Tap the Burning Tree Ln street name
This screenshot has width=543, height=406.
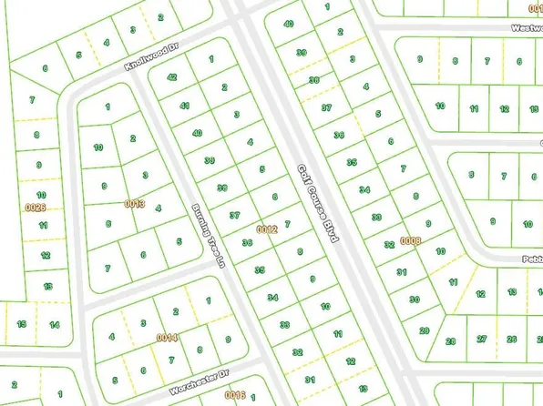tap(208, 236)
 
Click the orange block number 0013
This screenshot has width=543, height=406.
tap(135, 204)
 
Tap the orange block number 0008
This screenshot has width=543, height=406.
tap(411, 240)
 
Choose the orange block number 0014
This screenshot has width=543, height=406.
tap(167, 338)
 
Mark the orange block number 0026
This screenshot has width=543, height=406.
tap(36, 208)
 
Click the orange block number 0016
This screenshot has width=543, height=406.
tap(236, 394)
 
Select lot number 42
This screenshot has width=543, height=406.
tap(171, 78)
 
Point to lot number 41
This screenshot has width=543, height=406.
tap(185, 107)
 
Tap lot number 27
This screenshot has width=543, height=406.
tap(481, 340)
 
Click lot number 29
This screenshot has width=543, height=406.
tap(424, 330)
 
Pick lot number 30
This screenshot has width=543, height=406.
tap(414, 299)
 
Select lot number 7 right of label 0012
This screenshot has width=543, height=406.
tap(287, 223)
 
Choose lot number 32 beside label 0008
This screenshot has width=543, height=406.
tap(389, 244)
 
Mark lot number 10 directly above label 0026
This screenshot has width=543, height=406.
tap(41, 194)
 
